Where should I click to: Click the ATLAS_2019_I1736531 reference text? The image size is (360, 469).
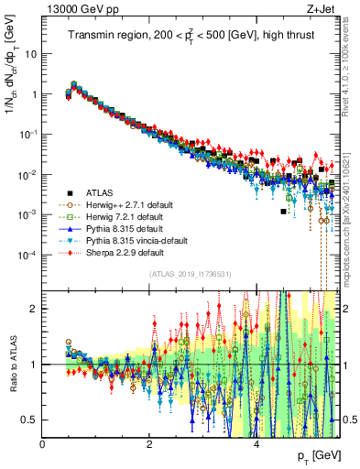(x=191, y=274)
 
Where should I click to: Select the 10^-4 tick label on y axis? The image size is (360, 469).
(x=27, y=255)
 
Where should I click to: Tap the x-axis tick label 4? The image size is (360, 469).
(x=256, y=444)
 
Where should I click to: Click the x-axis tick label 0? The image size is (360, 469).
(x=43, y=444)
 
